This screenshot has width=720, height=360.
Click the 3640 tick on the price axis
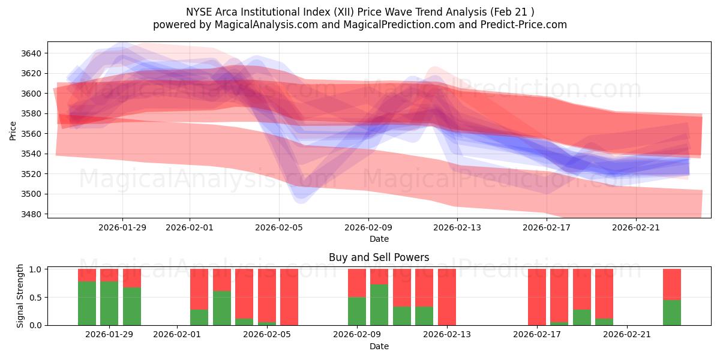tap(31, 53)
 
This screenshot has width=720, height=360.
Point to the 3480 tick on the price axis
tap(31, 214)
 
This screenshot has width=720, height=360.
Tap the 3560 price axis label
tap(31, 134)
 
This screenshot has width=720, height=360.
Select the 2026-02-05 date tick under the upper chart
tap(278, 227)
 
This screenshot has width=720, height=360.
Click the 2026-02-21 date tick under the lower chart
tap(626, 334)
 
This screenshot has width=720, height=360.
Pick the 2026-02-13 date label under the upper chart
tap(457, 227)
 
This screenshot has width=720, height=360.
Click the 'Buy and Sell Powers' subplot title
tap(379, 257)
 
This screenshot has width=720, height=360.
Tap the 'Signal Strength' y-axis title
tap(20, 296)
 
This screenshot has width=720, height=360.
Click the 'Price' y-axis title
tap(13, 130)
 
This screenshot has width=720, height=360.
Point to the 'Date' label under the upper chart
tap(379, 239)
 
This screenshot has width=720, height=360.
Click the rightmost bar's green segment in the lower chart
tap(671, 313)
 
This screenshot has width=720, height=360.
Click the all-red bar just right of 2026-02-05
tap(289, 297)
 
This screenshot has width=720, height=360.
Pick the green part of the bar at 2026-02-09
tap(357, 311)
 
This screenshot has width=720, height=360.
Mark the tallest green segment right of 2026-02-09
tap(379, 305)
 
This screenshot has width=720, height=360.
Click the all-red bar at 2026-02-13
tap(447, 297)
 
